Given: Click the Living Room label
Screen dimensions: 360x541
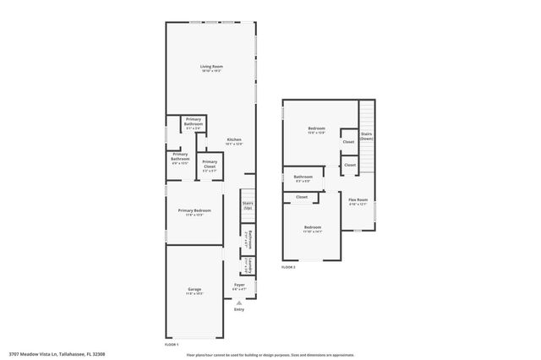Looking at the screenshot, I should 210,66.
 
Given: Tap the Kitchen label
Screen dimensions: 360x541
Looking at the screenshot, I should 234,139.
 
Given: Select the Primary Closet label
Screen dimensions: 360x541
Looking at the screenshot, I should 210,163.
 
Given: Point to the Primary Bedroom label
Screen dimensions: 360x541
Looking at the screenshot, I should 194,210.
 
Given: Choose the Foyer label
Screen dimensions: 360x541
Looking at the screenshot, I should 239,286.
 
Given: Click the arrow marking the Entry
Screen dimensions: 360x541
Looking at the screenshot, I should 239,301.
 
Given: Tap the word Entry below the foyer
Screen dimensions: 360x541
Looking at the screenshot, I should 239,309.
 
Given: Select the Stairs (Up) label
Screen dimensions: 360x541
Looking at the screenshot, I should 248,205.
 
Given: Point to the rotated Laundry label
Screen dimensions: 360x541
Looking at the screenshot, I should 250,267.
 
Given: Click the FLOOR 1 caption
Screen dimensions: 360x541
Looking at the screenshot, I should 172,345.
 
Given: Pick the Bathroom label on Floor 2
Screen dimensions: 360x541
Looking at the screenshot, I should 303,177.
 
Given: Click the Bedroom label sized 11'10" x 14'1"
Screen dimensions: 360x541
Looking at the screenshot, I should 313,227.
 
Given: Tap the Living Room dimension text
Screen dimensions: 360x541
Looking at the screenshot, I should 210,71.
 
